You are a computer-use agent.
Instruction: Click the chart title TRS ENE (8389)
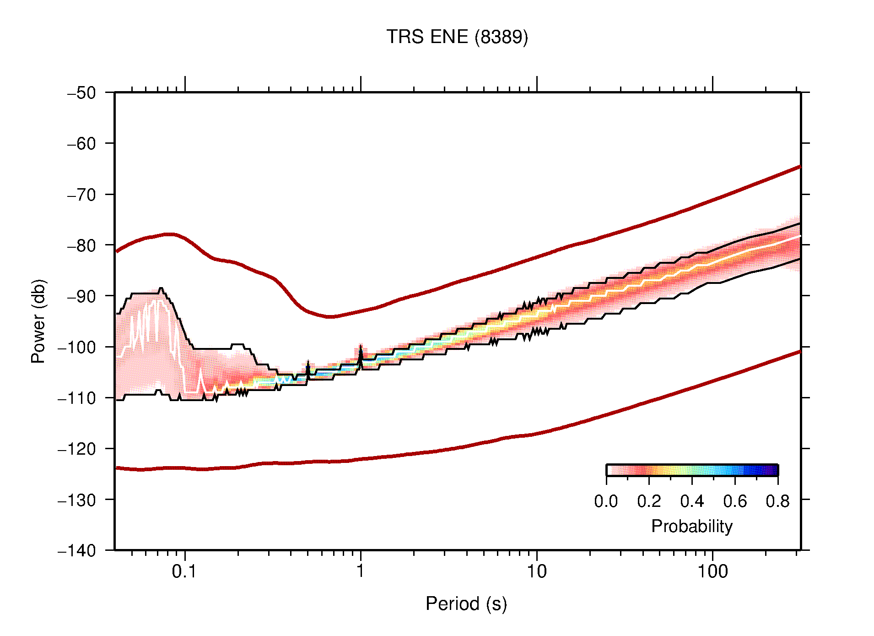point(457,37)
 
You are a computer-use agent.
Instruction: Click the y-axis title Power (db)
point(39,321)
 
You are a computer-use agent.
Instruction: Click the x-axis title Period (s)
point(466,604)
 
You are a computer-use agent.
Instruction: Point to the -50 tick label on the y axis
point(81,93)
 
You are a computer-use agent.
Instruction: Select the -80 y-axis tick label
point(81,245)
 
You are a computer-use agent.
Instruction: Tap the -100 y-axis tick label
point(77,347)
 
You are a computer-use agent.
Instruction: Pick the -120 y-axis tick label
point(77,449)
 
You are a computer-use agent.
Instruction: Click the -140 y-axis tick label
point(77,551)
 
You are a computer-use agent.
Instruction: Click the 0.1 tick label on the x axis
point(184,571)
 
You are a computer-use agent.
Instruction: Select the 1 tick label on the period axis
point(361,571)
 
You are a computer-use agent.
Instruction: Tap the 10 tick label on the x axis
point(536,571)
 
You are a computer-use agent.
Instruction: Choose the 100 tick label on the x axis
point(712,571)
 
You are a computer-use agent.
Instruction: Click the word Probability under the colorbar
point(691,527)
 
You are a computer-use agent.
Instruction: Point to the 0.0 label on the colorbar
point(606,501)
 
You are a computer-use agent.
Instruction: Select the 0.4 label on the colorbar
point(692,501)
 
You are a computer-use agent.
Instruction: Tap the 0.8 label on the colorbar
point(777,501)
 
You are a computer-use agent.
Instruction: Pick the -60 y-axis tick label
point(81,144)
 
